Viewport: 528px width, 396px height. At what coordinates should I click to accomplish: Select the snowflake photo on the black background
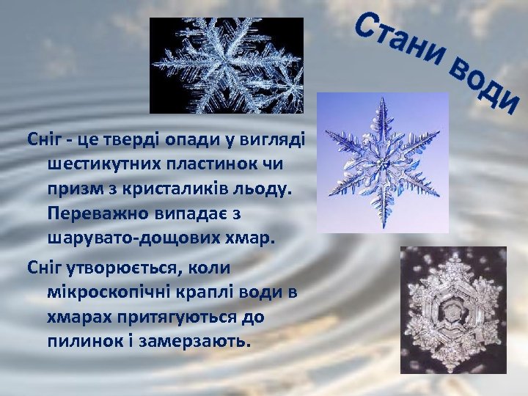227,65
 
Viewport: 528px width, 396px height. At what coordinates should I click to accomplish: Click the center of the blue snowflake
381,161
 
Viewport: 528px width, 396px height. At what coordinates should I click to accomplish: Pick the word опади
185,139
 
